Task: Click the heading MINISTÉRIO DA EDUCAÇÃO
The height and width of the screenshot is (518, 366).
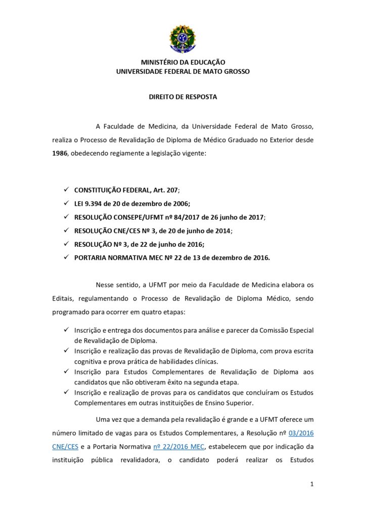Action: pos(182,63)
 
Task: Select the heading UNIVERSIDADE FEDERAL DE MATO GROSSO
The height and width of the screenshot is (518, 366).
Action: pos(182,72)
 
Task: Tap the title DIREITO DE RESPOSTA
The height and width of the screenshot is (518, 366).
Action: pos(182,97)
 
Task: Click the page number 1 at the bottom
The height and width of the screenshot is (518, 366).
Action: pos(312,485)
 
